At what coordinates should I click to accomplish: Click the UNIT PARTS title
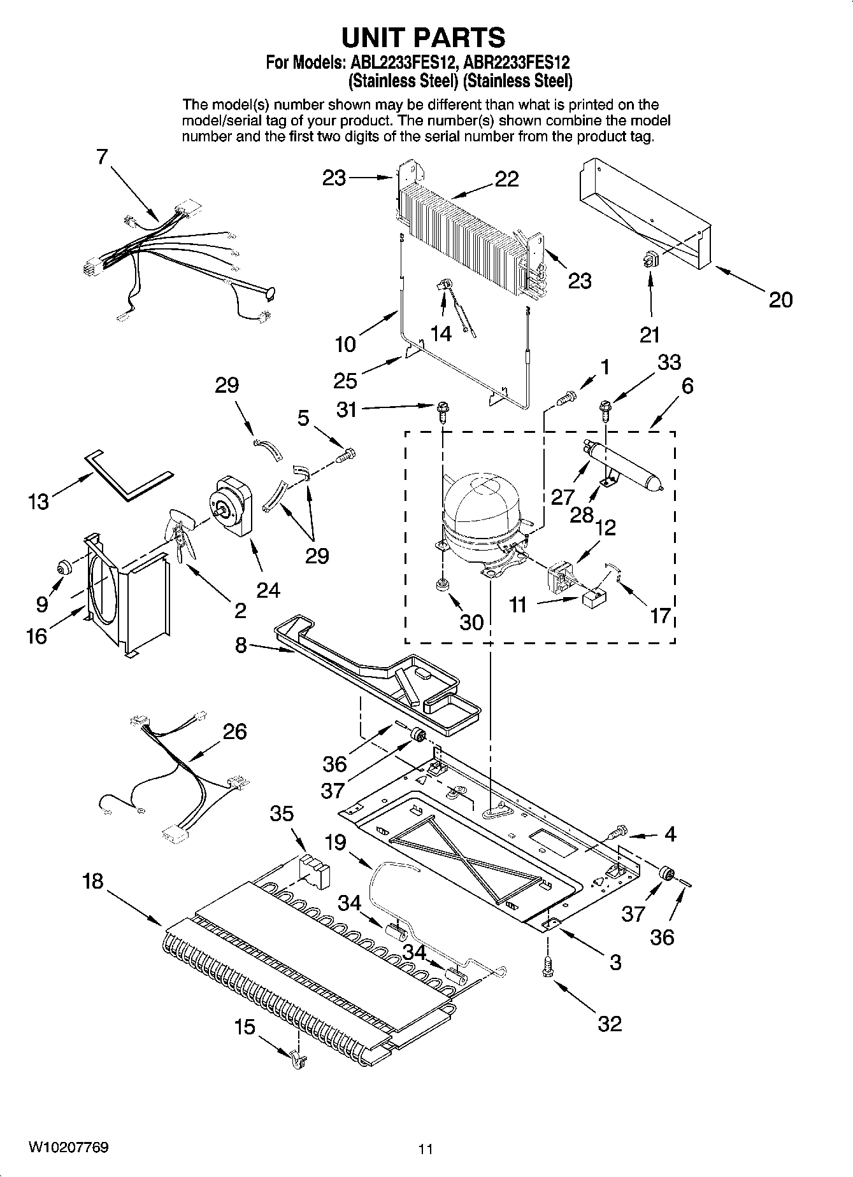point(424,38)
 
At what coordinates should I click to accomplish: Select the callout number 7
point(103,157)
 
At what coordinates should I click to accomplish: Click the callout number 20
point(780,299)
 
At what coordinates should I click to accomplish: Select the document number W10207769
point(68,1147)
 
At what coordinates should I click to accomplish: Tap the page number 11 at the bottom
point(426,1149)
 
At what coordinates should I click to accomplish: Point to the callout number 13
point(38,502)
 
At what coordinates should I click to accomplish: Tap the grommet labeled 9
point(64,566)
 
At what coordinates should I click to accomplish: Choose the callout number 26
point(234,731)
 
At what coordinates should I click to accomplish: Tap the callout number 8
point(241,645)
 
